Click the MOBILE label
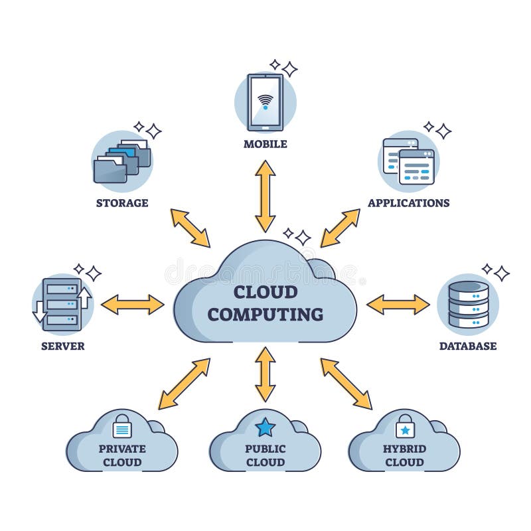(x=265, y=144)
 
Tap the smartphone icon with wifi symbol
(x=265, y=102)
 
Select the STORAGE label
(x=122, y=202)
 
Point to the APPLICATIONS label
(x=409, y=202)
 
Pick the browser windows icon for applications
(x=409, y=161)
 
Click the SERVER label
(x=62, y=346)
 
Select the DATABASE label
(x=468, y=346)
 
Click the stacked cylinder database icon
(x=469, y=305)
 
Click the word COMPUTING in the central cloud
(x=265, y=314)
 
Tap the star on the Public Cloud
(x=265, y=427)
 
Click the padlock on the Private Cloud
(x=122, y=426)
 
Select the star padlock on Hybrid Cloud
(x=405, y=427)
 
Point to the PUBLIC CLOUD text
(x=265, y=455)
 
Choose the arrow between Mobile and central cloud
(x=265, y=196)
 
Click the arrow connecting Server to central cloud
(x=132, y=305)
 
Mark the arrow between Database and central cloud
(x=398, y=305)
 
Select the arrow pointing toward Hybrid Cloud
(x=346, y=384)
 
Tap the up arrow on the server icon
(x=84, y=298)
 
